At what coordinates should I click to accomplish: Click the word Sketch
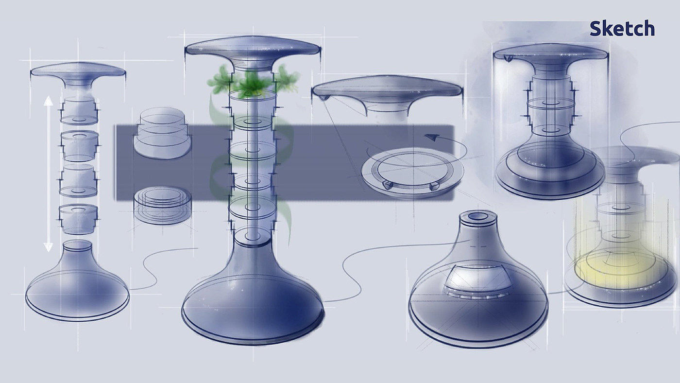(x=622, y=29)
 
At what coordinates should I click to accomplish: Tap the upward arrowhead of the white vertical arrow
(x=48, y=101)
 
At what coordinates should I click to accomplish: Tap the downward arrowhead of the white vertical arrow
(x=48, y=247)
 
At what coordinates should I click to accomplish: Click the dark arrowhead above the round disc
(x=431, y=137)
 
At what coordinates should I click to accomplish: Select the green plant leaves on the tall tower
(x=252, y=81)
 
